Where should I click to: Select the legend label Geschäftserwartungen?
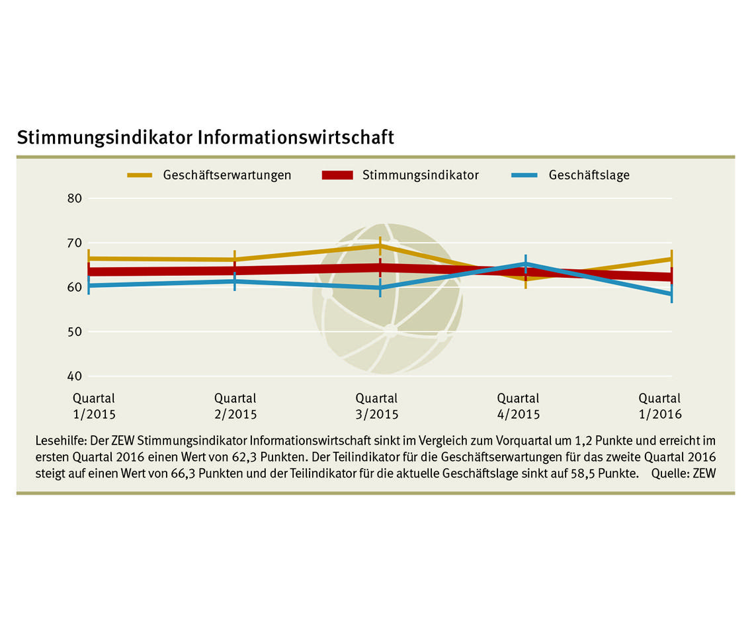[227, 175]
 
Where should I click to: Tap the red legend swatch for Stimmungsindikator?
[338, 175]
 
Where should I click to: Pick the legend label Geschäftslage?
[589, 175]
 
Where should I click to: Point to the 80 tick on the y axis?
[74, 198]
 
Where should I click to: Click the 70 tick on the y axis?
[74, 243]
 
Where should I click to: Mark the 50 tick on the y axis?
[74, 331]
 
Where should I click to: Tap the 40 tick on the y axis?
[74, 376]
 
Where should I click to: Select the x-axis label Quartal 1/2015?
[94, 406]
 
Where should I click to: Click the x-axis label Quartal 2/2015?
[235, 406]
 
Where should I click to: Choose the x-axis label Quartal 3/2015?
[377, 406]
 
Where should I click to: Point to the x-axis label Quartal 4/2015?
[519, 406]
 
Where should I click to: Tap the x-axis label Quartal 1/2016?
[659, 406]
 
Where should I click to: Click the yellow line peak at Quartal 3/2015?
[380, 245]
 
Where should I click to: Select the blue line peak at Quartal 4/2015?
[525, 264]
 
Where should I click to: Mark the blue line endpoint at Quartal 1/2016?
[671, 294]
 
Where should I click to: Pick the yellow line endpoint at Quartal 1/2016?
[671, 259]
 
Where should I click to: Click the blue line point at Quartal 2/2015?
[235, 281]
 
